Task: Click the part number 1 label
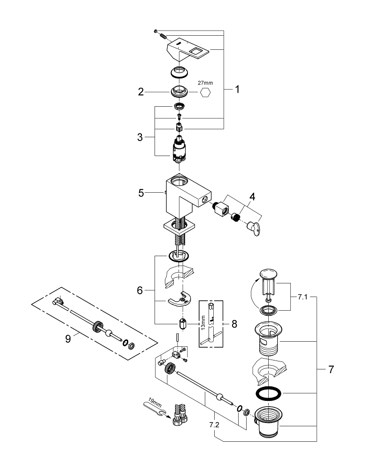237,89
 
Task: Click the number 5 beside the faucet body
140,192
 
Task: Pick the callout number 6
139,291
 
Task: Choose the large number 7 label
331,369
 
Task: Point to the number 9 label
69,338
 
